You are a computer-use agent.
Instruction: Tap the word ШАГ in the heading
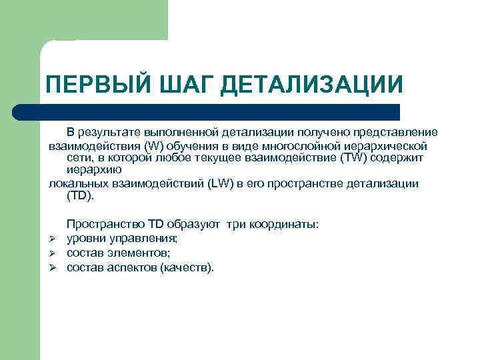[186, 85]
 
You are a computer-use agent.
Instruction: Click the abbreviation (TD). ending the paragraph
[81, 196]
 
